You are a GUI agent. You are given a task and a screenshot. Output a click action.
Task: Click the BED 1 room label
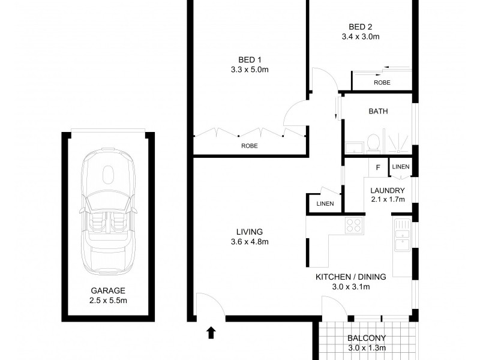(250, 59)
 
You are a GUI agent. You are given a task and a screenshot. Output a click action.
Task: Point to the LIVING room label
(250, 232)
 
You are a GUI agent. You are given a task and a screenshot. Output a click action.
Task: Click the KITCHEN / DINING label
(351, 277)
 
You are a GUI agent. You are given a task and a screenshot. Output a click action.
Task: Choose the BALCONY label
(366, 338)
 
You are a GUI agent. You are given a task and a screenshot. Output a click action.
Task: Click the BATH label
(378, 111)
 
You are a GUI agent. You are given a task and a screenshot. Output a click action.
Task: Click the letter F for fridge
(377, 167)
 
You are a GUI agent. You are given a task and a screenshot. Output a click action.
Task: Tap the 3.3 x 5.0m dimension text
(250, 70)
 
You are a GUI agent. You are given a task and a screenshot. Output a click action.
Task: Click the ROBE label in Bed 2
(382, 83)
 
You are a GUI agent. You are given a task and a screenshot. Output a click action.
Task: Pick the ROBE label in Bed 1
(250, 145)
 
